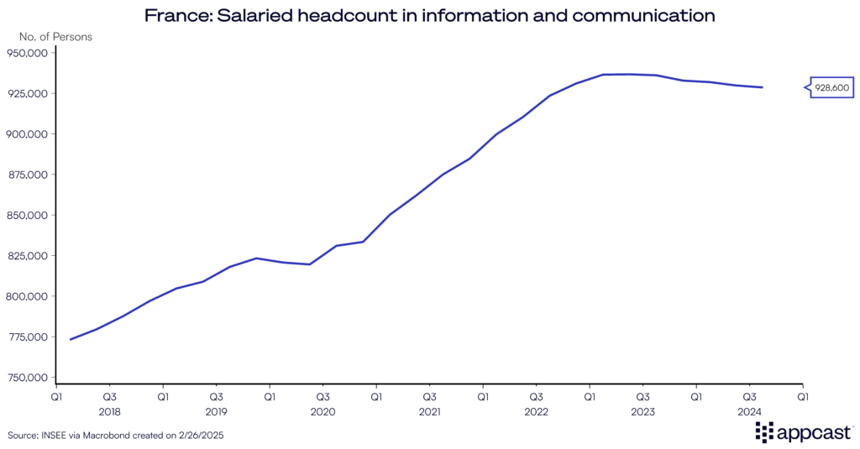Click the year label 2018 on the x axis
[x=110, y=412]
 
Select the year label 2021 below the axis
[x=429, y=412]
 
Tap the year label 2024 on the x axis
[x=749, y=412]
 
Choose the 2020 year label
[x=322, y=412]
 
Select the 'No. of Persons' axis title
[x=56, y=37]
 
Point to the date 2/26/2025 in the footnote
[x=202, y=436]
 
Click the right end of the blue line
[x=763, y=87]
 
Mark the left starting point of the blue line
[x=70, y=340]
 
